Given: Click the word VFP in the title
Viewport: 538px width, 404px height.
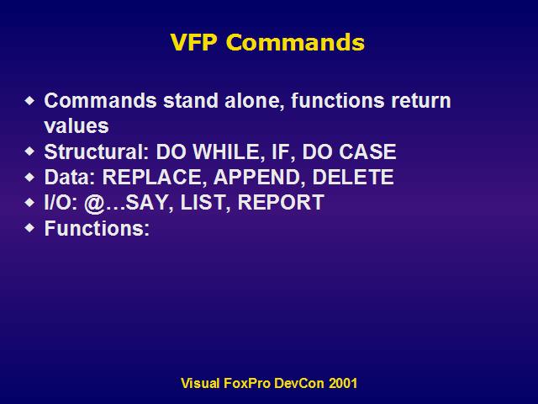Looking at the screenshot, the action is pyautogui.click(x=194, y=42).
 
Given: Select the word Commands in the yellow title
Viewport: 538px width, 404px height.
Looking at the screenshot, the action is pyautogui.click(x=295, y=42).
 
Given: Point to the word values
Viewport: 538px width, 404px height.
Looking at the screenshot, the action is pyautogui.click(x=76, y=125).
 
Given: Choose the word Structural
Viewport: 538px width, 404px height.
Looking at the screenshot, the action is pyautogui.click(x=97, y=151).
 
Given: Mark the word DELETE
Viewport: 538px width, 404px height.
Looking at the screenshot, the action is pyautogui.click(x=353, y=177).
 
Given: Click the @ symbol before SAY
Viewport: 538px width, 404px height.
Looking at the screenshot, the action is pyautogui.click(x=94, y=203).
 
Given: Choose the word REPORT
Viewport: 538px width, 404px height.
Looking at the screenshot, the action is pyautogui.click(x=281, y=202).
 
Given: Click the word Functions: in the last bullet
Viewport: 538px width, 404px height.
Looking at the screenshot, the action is pyautogui.click(x=98, y=228).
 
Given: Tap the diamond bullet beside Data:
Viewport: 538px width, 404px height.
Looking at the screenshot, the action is pyautogui.click(x=30, y=178).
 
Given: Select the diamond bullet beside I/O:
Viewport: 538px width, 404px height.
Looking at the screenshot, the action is pyautogui.click(x=30, y=203).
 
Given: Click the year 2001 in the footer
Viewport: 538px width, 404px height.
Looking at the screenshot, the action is pyautogui.click(x=343, y=383).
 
